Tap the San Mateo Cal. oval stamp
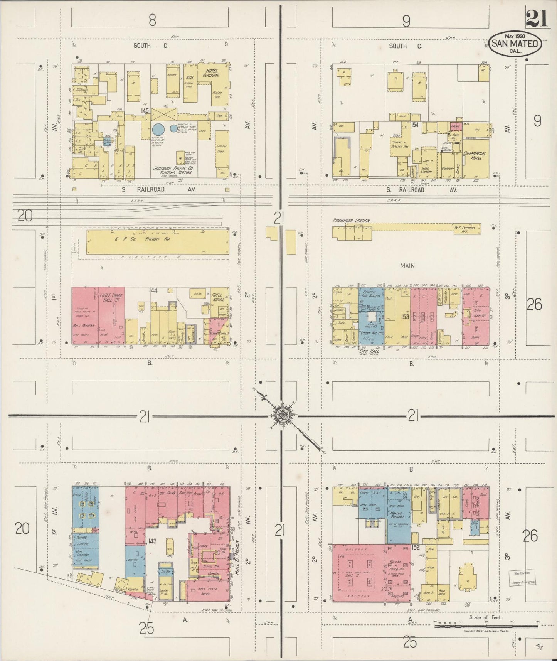point(516,44)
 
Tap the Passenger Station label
point(351,221)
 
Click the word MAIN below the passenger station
point(407,265)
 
